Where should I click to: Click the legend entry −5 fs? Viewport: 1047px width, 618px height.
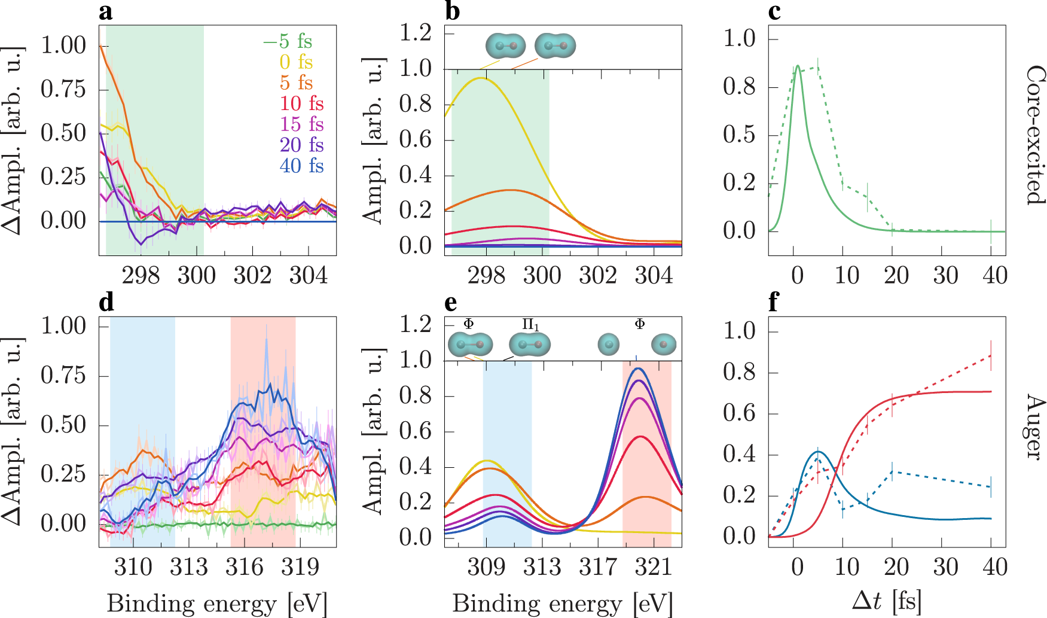(288, 41)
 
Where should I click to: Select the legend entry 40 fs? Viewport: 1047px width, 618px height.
(301, 166)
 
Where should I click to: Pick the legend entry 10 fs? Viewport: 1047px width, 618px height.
(301, 103)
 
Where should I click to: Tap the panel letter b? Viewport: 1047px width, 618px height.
(453, 11)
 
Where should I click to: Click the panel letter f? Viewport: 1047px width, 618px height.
(774, 303)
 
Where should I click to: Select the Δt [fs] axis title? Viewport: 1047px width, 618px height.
(887, 600)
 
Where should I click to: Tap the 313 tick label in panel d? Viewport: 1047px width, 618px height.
(189, 567)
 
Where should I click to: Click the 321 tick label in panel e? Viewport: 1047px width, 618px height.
(654, 567)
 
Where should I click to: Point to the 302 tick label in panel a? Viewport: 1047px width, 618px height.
(252, 275)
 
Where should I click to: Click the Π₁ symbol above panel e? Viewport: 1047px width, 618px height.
(530, 325)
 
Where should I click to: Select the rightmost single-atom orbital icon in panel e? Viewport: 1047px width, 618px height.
(663, 345)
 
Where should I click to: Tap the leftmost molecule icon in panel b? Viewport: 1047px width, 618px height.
(505, 46)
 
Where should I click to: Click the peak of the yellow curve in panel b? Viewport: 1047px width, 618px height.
(480, 78)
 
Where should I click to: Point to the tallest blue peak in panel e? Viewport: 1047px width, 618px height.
(637, 369)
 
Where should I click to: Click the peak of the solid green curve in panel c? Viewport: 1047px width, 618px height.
(797, 66)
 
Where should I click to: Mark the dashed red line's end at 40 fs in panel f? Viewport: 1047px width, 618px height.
(991, 355)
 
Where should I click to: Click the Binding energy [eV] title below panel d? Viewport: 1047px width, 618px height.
(217, 604)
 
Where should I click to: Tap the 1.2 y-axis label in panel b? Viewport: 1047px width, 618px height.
(416, 32)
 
